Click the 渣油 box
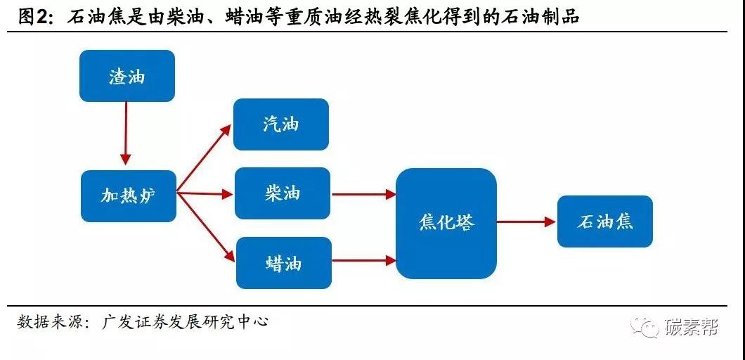pos(127,76)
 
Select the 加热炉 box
pos(129,196)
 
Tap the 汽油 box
pos(281,124)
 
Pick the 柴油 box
pos(283,193)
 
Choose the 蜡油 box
pos(284,263)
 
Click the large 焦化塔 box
pos(446,224)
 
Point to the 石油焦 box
pos(605,221)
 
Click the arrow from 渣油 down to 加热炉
pos(125,133)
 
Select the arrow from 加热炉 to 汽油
pos(204,158)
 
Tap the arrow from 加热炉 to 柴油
pos(205,193)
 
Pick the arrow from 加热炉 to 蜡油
pos(206,227)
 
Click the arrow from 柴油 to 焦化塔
pos(364,194)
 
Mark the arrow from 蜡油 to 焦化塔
pos(364,260)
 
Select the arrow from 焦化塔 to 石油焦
pos(526,221)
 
